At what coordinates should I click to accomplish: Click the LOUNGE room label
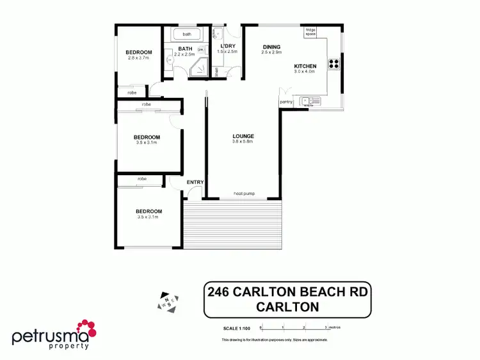[x=243, y=136]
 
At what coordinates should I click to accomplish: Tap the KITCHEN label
[x=305, y=67]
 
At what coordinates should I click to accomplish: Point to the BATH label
[x=186, y=49]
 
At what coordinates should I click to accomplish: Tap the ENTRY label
[x=195, y=182]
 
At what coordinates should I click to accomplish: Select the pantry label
[x=286, y=102]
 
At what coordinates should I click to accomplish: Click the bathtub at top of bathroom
[x=187, y=34]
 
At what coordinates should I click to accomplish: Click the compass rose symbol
[x=168, y=302]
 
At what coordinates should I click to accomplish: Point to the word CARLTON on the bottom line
[x=287, y=307]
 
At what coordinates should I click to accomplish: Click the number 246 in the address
[x=219, y=293]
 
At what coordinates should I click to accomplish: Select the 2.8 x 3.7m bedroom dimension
[x=139, y=59]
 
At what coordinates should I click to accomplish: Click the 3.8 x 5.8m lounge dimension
[x=243, y=142]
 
